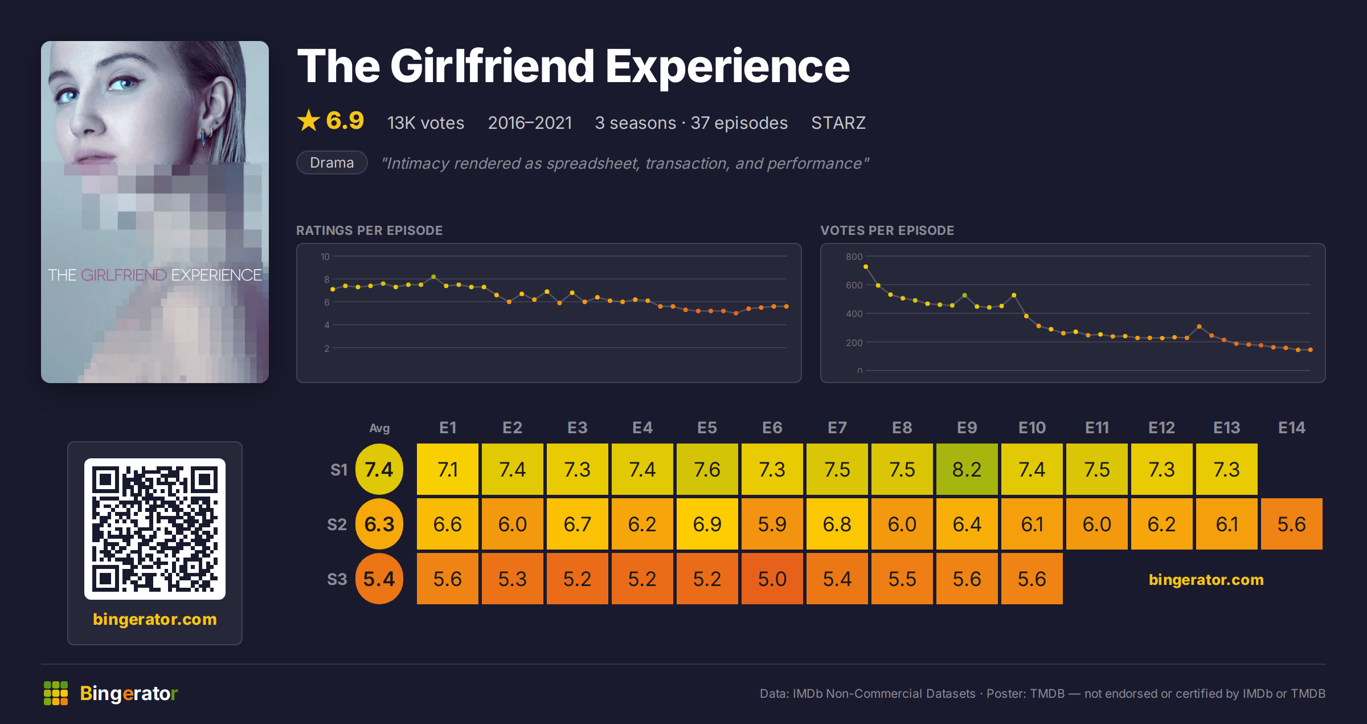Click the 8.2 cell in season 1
tap(967, 469)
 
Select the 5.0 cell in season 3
tap(772, 579)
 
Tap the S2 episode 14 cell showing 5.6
tap(1291, 524)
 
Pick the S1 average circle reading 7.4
tap(379, 469)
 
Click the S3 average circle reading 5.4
tap(379, 579)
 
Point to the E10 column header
tap(1032, 428)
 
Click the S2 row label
tap(337, 524)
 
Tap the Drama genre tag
tap(332, 162)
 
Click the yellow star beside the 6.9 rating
tap(309, 120)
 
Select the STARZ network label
tap(838, 123)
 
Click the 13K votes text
tap(425, 123)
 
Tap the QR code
tap(155, 529)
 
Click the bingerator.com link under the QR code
tap(155, 619)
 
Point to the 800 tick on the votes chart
tap(854, 257)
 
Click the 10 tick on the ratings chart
tap(325, 257)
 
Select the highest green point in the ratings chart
tap(434, 276)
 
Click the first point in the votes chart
tap(866, 266)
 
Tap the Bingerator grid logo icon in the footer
tap(56, 693)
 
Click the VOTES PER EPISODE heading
tap(887, 230)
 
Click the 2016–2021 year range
tap(530, 123)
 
